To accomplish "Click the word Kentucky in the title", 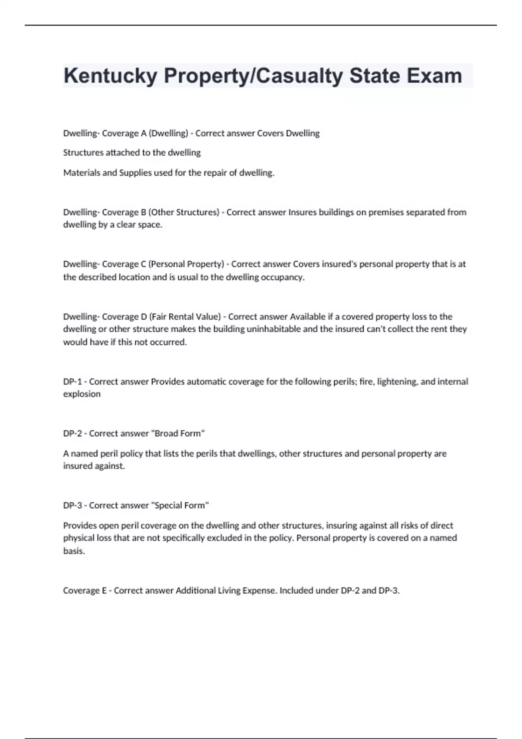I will coord(110,76).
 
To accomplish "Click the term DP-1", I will coord(72,382).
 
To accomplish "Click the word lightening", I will coord(397,382).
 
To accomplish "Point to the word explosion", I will coord(82,394).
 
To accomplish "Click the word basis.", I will coord(74,551).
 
